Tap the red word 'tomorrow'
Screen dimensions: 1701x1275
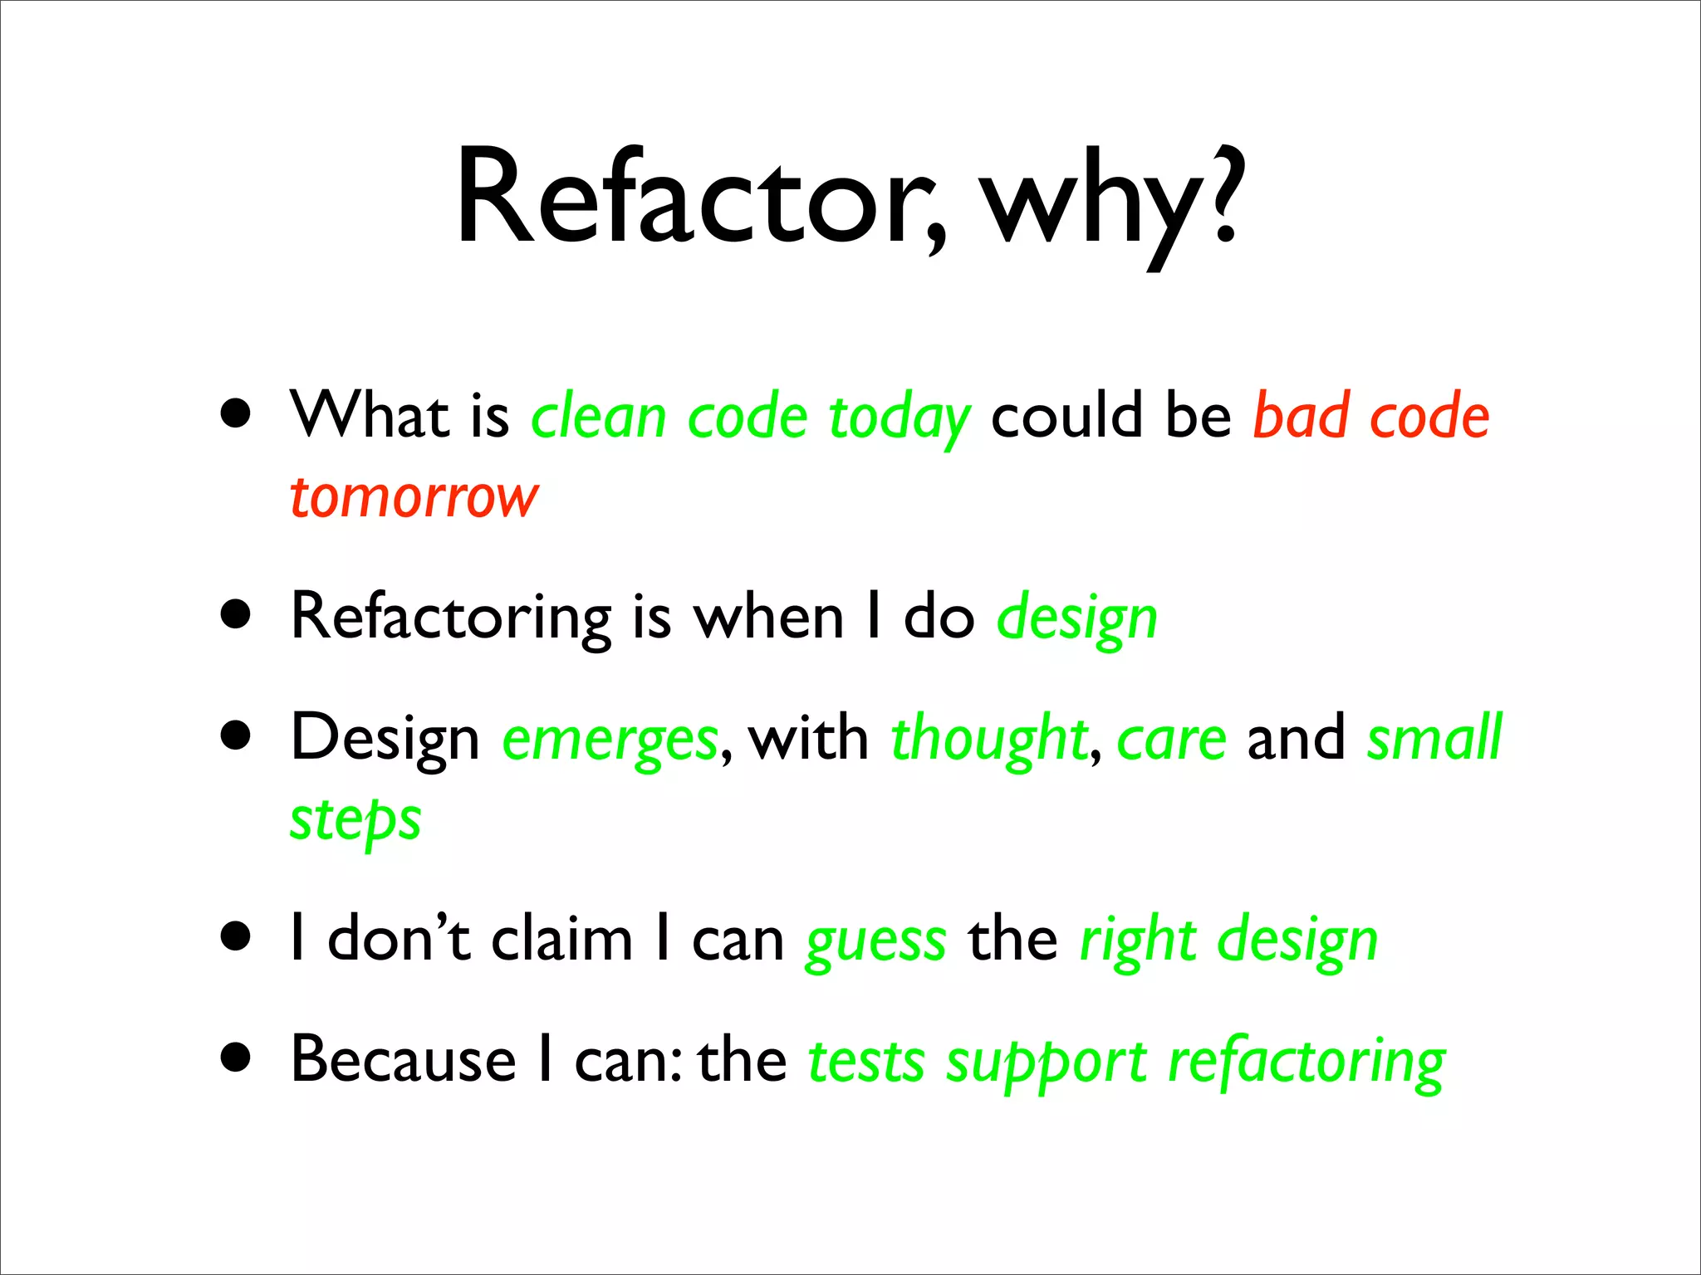[414, 498]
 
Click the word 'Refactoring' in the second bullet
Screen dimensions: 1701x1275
[451, 618]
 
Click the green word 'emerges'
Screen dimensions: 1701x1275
[610, 739]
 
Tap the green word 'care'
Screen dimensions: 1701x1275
[1171, 739]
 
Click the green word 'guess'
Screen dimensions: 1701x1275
[875, 942]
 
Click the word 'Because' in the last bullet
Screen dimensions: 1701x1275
[404, 1060]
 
